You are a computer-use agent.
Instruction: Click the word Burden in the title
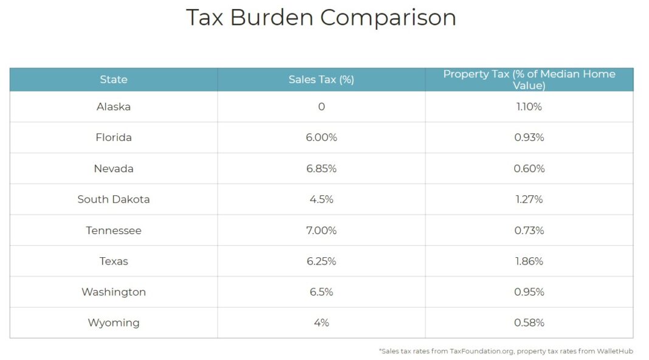[272, 18]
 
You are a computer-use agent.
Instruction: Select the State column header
[114, 80]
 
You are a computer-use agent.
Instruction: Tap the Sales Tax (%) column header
[321, 80]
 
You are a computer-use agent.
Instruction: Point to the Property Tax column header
[529, 80]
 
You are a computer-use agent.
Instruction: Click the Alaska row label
[114, 107]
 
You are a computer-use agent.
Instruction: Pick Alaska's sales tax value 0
[321, 107]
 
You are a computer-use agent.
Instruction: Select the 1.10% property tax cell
[529, 107]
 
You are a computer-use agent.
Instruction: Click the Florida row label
[114, 137]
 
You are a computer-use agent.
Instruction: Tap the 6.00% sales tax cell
[321, 137]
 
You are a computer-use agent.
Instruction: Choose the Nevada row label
[114, 168]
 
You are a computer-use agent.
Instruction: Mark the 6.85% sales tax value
[321, 168]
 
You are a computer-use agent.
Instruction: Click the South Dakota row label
[114, 199]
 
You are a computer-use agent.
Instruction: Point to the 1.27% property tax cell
[529, 199]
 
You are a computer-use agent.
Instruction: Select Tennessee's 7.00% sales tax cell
[321, 230]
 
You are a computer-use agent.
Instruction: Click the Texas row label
[114, 261]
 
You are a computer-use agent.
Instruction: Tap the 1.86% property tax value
[529, 261]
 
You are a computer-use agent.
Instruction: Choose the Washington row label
[114, 292]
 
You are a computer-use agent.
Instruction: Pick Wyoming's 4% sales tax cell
[321, 323]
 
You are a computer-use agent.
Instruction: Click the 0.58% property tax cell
[529, 323]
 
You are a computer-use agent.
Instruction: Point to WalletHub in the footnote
[614, 351]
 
